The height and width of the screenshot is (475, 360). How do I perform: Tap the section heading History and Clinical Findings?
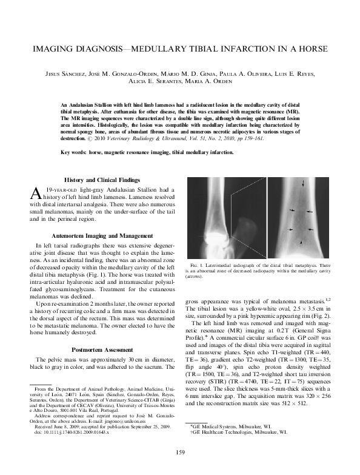pyautogui.click(x=102, y=180)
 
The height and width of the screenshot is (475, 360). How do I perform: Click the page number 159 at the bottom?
pyautogui.click(x=180, y=451)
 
